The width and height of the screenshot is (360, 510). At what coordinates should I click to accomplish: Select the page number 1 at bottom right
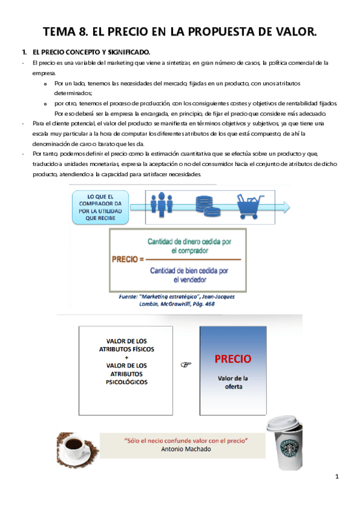337,478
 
